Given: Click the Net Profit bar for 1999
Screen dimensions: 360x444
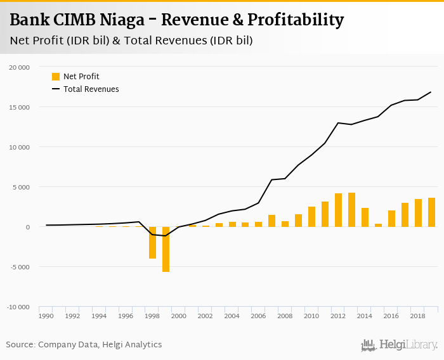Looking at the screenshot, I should (x=166, y=249).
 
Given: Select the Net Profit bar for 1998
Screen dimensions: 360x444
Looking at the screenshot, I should (x=152, y=243).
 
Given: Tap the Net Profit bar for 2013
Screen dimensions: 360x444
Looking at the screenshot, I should (x=351, y=210).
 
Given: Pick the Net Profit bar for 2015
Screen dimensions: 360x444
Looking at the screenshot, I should (x=378, y=225).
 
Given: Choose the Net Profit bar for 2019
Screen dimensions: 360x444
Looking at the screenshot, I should (x=431, y=212).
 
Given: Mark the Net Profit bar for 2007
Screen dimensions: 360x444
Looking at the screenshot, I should (x=271, y=221).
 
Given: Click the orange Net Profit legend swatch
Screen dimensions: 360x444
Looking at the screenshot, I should (x=56, y=77).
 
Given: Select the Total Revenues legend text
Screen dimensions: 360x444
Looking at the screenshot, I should (x=91, y=89).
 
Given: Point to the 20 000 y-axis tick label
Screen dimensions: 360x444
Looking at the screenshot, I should (x=20, y=67).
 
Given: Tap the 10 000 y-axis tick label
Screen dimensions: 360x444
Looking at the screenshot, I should (x=20, y=147).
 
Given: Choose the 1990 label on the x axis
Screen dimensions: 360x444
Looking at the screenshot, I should (x=46, y=315).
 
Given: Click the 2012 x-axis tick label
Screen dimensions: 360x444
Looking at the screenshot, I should (x=338, y=315).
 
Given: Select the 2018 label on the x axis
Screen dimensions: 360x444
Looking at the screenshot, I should (x=418, y=315).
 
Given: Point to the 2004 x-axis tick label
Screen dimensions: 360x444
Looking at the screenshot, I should (x=232, y=315).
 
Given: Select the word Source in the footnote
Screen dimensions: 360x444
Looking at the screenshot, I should (x=20, y=345).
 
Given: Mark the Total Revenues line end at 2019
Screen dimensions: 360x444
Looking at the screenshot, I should (x=431, y=92).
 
